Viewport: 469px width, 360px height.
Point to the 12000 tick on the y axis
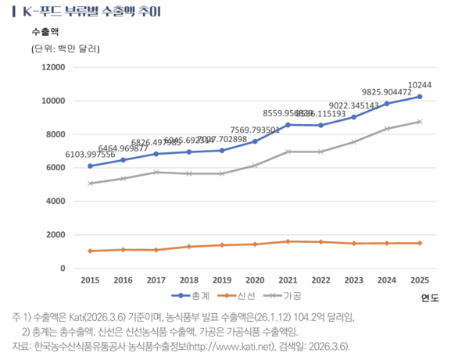(51, 67)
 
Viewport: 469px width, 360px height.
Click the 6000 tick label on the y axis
(54, 168)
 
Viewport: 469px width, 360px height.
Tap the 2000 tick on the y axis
(54, 235)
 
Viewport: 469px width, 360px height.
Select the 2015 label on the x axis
(90, 279)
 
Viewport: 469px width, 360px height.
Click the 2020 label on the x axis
(255, 279)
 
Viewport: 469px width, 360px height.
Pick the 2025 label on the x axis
(419, 279)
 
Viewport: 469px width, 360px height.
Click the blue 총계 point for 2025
(419, 97)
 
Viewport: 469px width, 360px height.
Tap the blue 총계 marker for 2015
(90, 166)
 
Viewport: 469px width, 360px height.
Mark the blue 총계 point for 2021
(288, 125)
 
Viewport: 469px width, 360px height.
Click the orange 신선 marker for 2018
(188, 247)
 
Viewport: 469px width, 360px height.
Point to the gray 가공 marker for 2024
(386, 129)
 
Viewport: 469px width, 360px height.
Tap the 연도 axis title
(430, 298)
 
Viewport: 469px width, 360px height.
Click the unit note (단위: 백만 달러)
(66, 49)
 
